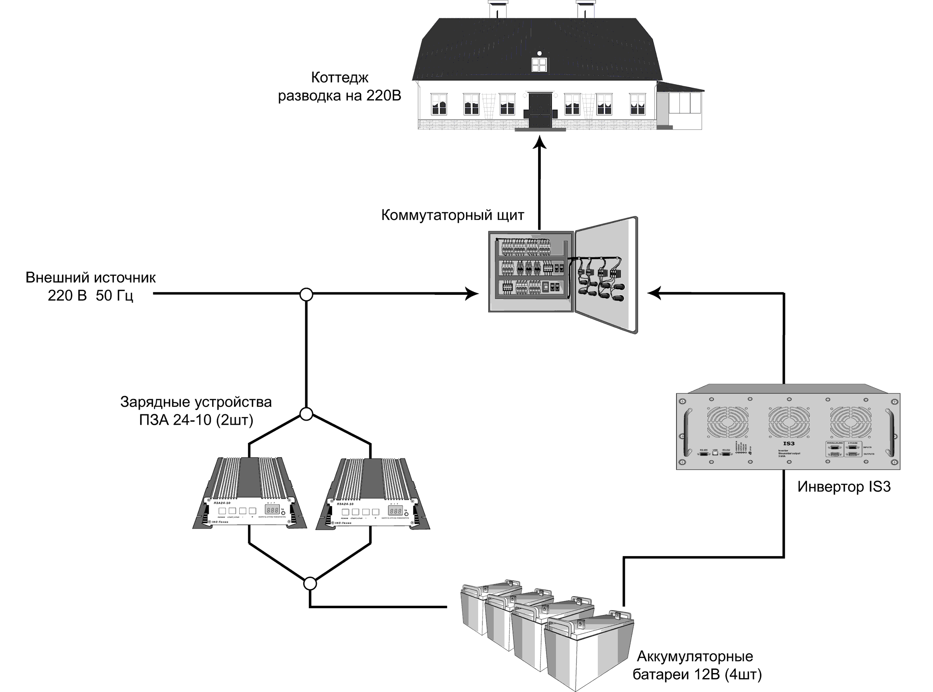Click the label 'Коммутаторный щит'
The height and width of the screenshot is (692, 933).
[452, 215]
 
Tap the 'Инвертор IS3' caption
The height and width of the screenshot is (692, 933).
[844, 487]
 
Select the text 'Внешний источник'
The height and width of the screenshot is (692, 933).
[90, 278]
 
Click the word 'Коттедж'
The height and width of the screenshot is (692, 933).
[340, 77]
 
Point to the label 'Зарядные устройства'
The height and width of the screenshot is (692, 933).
[196, 402]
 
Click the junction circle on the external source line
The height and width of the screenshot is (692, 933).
[307, 295]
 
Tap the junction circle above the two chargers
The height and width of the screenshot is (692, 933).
[307, 414]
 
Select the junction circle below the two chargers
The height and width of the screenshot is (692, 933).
[310, 583]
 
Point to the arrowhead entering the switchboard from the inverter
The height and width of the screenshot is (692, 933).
[654, 293]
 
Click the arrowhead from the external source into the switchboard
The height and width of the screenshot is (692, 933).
[472, 294]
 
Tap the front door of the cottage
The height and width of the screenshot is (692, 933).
[540, 110]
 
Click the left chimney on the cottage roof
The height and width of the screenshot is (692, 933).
[497, 9]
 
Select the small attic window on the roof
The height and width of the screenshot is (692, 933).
[539, 64]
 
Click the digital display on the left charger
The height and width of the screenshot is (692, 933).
[272, 510]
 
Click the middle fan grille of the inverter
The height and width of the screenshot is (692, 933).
[789, 422]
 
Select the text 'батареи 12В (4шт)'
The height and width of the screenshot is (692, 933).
[697, 675]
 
